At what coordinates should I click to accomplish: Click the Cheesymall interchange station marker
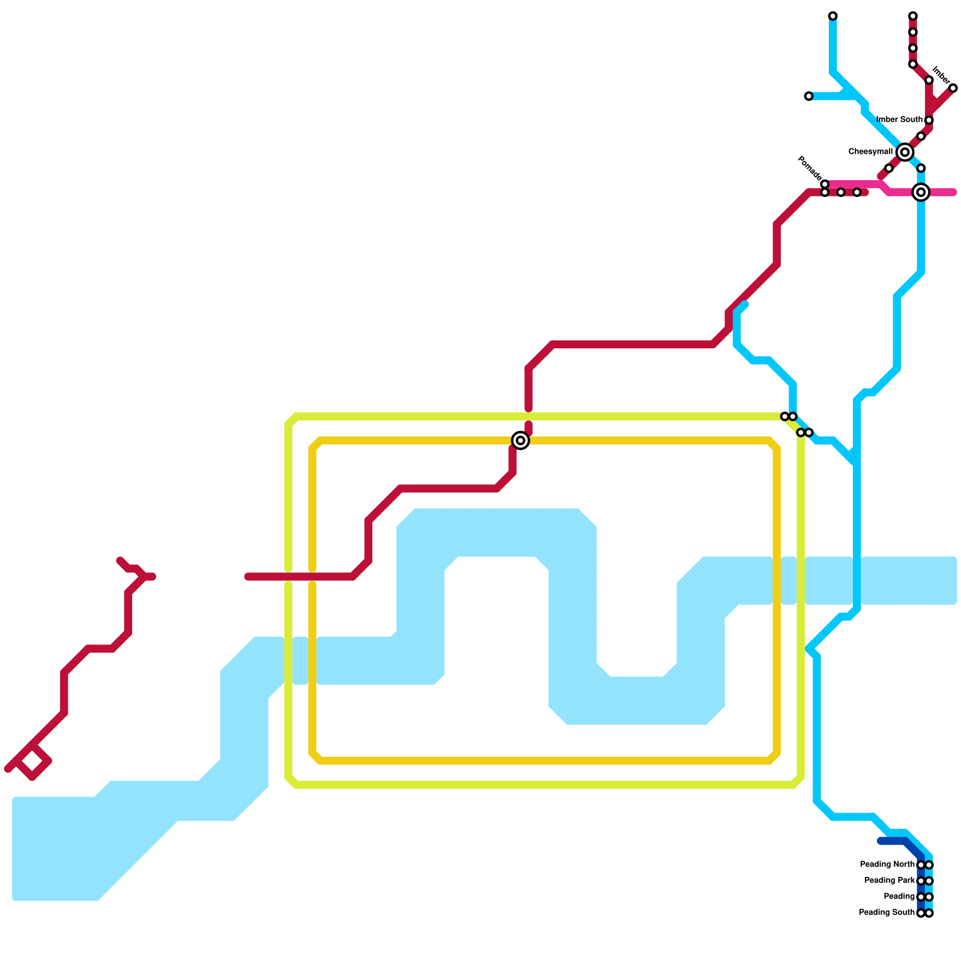click(x=905, y=152)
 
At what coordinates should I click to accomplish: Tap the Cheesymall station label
click(x=870, y=152)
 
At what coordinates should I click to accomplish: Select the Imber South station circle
click(x=929, y=120)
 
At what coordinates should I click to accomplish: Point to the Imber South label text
click(x=899, y=120)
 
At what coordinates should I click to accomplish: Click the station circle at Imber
click(x=953, y=88)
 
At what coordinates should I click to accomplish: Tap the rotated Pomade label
click(x=808, y=168)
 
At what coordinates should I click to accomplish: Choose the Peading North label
click(x=887, y=864)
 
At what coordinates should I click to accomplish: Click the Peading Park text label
click(x=890, y=881)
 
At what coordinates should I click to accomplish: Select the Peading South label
click(x=887, y=912)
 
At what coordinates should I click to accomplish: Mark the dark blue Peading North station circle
click(x=921, y=865)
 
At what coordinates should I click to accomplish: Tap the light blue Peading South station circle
click(x=929, y=913)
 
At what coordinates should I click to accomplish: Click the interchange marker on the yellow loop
click(x=521, y=440)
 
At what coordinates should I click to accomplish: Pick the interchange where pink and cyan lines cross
click(x=921, y=192)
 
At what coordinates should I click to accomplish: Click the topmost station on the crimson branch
click(x=912, y=16)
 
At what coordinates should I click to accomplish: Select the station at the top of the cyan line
click(x=832, y=16)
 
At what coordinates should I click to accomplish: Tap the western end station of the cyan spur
click(x=808, y=96)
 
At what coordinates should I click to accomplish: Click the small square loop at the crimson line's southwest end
click(x=33, y=762)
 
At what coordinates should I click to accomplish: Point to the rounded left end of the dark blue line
click(x=881, y=841)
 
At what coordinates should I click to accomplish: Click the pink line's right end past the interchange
click(x=953, y=192)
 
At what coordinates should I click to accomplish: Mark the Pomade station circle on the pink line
click(x=825, y=184)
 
